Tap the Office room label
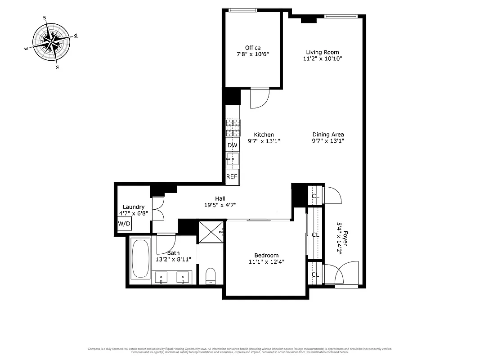tap(252, 48)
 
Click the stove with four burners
tap(233, 128)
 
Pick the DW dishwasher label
tap(232, 145)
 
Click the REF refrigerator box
tap(232, 176)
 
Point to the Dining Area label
tap(328, 134)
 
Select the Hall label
tap(220, 198)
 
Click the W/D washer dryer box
tap(124, 224)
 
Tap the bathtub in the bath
tap(140, 259)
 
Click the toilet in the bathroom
tap(211, 275)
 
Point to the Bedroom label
tap(266, 255)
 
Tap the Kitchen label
tap(264, 135)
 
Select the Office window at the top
tap(243, 10)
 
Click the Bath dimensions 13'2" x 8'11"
tap(173, 259)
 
